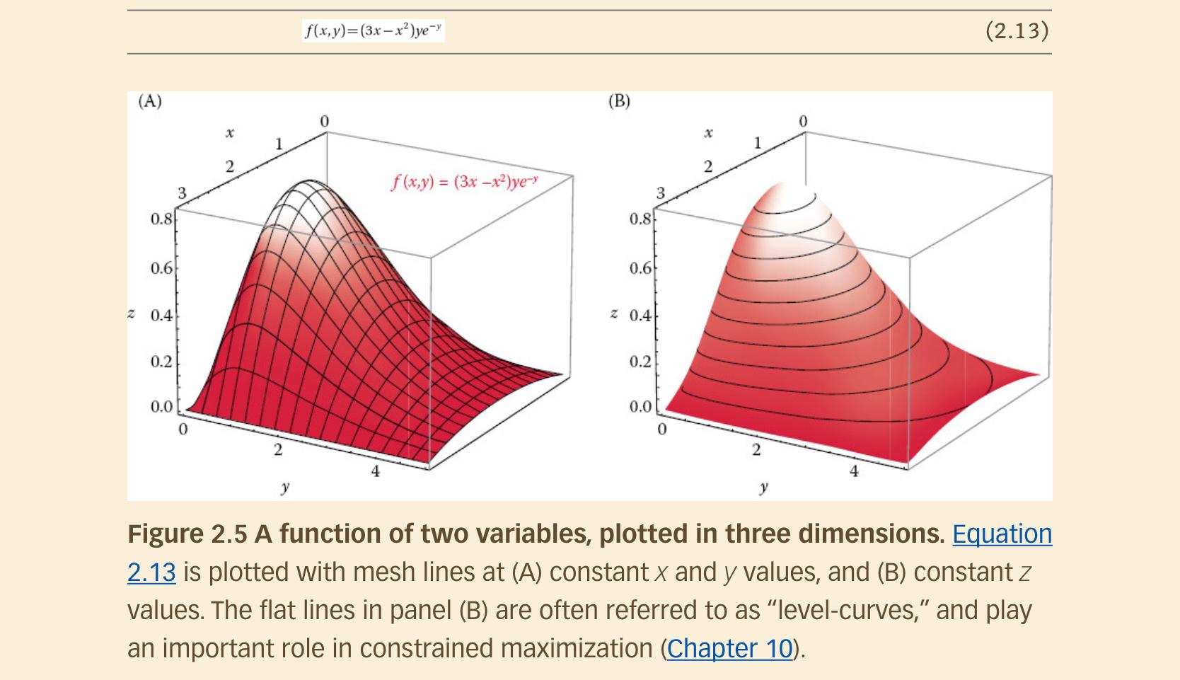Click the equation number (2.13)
[x=1017, y=30]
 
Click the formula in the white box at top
[x=373, y=30]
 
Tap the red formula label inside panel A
[x=465, y=182]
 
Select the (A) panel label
[x=149, y=101]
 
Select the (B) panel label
[x=619, y=101]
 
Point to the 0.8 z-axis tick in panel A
[x=161, y=219]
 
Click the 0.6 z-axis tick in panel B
[x=640, y=269]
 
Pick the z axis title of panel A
[x=132, y=313]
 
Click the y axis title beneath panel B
[x=763, y=487]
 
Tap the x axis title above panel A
[x=229, y=133]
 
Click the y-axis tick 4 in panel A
[x=376, y=471]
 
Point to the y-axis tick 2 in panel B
[x=756, y=449]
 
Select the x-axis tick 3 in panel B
[x=661, y=192]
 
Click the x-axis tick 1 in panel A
[x=279, y=144]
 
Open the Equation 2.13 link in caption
[x=1002, y=534]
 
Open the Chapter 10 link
[x=729, y=648]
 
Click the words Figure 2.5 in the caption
[x=187, y=534]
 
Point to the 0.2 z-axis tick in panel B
[x=640, y=362]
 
